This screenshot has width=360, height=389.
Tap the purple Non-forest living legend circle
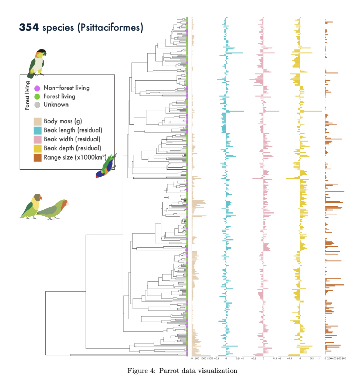tap(37, 88)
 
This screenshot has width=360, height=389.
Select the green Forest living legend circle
tap(37, 96)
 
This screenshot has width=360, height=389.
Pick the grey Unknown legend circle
tap(37, 104)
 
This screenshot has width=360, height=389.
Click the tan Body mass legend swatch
tap(37, 121)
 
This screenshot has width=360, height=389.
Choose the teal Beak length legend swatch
tap(37, 130)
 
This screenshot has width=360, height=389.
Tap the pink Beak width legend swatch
tap(37, 139)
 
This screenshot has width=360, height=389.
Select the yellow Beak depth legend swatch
tap(37, 148)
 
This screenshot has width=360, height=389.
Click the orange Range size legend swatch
tap(37, 157)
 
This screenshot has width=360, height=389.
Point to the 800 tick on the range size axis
tap(344, 358)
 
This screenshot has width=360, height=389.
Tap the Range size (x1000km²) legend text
tap(75, 157)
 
